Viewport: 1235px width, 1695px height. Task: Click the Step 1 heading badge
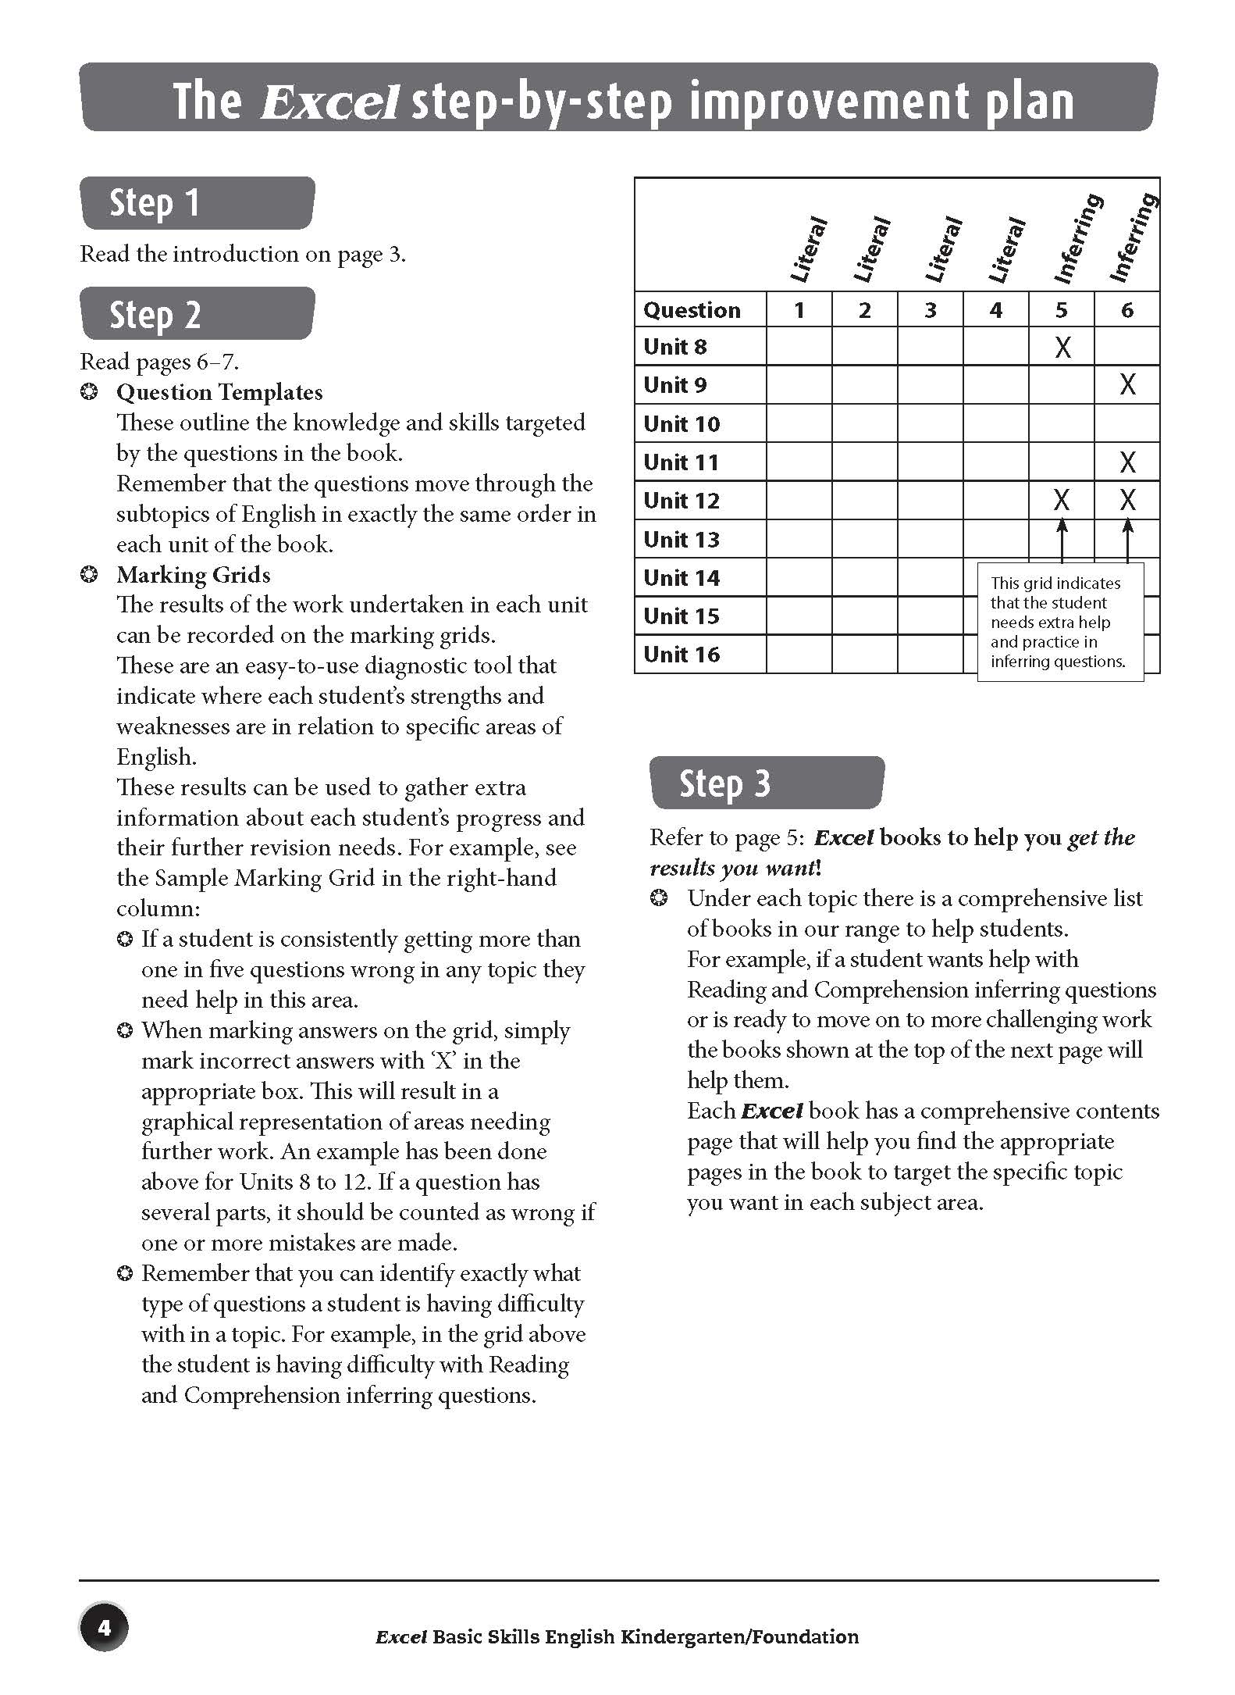[x=197, y=203]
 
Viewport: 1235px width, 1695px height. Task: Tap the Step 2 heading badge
[x=197, y=314]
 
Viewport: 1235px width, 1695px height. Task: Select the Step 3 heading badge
[x=767, y=783]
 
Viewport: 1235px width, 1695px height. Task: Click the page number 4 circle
[x=104, y=1628]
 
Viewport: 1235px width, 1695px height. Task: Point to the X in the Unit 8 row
[x=1062, y=347]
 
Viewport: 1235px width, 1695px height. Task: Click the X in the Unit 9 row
[x=1127, y=384]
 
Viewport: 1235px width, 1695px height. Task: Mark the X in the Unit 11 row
[x=1127, y=462]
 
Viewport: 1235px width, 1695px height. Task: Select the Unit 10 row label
[x=682, y=424]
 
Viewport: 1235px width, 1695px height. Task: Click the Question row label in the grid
[x=692, y=311]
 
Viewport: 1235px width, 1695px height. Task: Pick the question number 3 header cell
[x=930, y=311]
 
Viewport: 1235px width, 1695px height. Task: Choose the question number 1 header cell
[x=799, y=311]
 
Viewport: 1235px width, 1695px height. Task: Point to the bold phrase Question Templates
[x=219, y=392]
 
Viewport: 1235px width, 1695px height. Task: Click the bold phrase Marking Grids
[x=194, y=575]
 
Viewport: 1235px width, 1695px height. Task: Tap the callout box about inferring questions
[x=1059, y=623]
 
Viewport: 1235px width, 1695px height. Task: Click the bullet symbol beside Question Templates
[x=90, y=392]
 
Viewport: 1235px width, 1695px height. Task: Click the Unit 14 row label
[x=682, y=578]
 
